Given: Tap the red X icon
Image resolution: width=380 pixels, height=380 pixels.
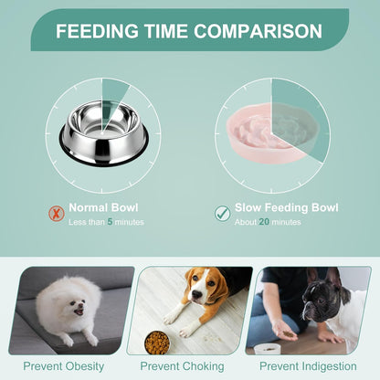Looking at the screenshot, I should click(x=56, y=213).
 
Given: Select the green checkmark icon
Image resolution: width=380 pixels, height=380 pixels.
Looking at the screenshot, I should click(x=222, y=214).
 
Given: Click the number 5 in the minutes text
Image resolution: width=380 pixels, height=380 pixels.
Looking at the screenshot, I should click(x=111, y=221).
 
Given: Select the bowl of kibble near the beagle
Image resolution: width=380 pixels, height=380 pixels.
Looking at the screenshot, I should click(x=157, y=343).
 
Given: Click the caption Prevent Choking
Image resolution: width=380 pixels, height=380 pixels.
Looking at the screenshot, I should click(x=189, y=367).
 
